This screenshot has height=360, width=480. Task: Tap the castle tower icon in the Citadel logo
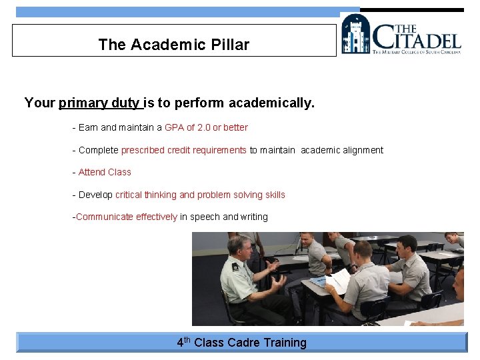tap(356, 35)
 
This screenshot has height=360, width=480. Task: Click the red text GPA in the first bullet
tap(173, 127)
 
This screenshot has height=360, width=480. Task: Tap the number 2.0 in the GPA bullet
tap(204, 127)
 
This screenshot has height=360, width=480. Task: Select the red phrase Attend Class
tap(105, 172)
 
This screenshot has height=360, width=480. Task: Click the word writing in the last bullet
tap(254, 217)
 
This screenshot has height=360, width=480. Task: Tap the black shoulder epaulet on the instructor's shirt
tap(235, 266)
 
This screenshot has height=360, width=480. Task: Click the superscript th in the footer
tap(188, 339)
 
